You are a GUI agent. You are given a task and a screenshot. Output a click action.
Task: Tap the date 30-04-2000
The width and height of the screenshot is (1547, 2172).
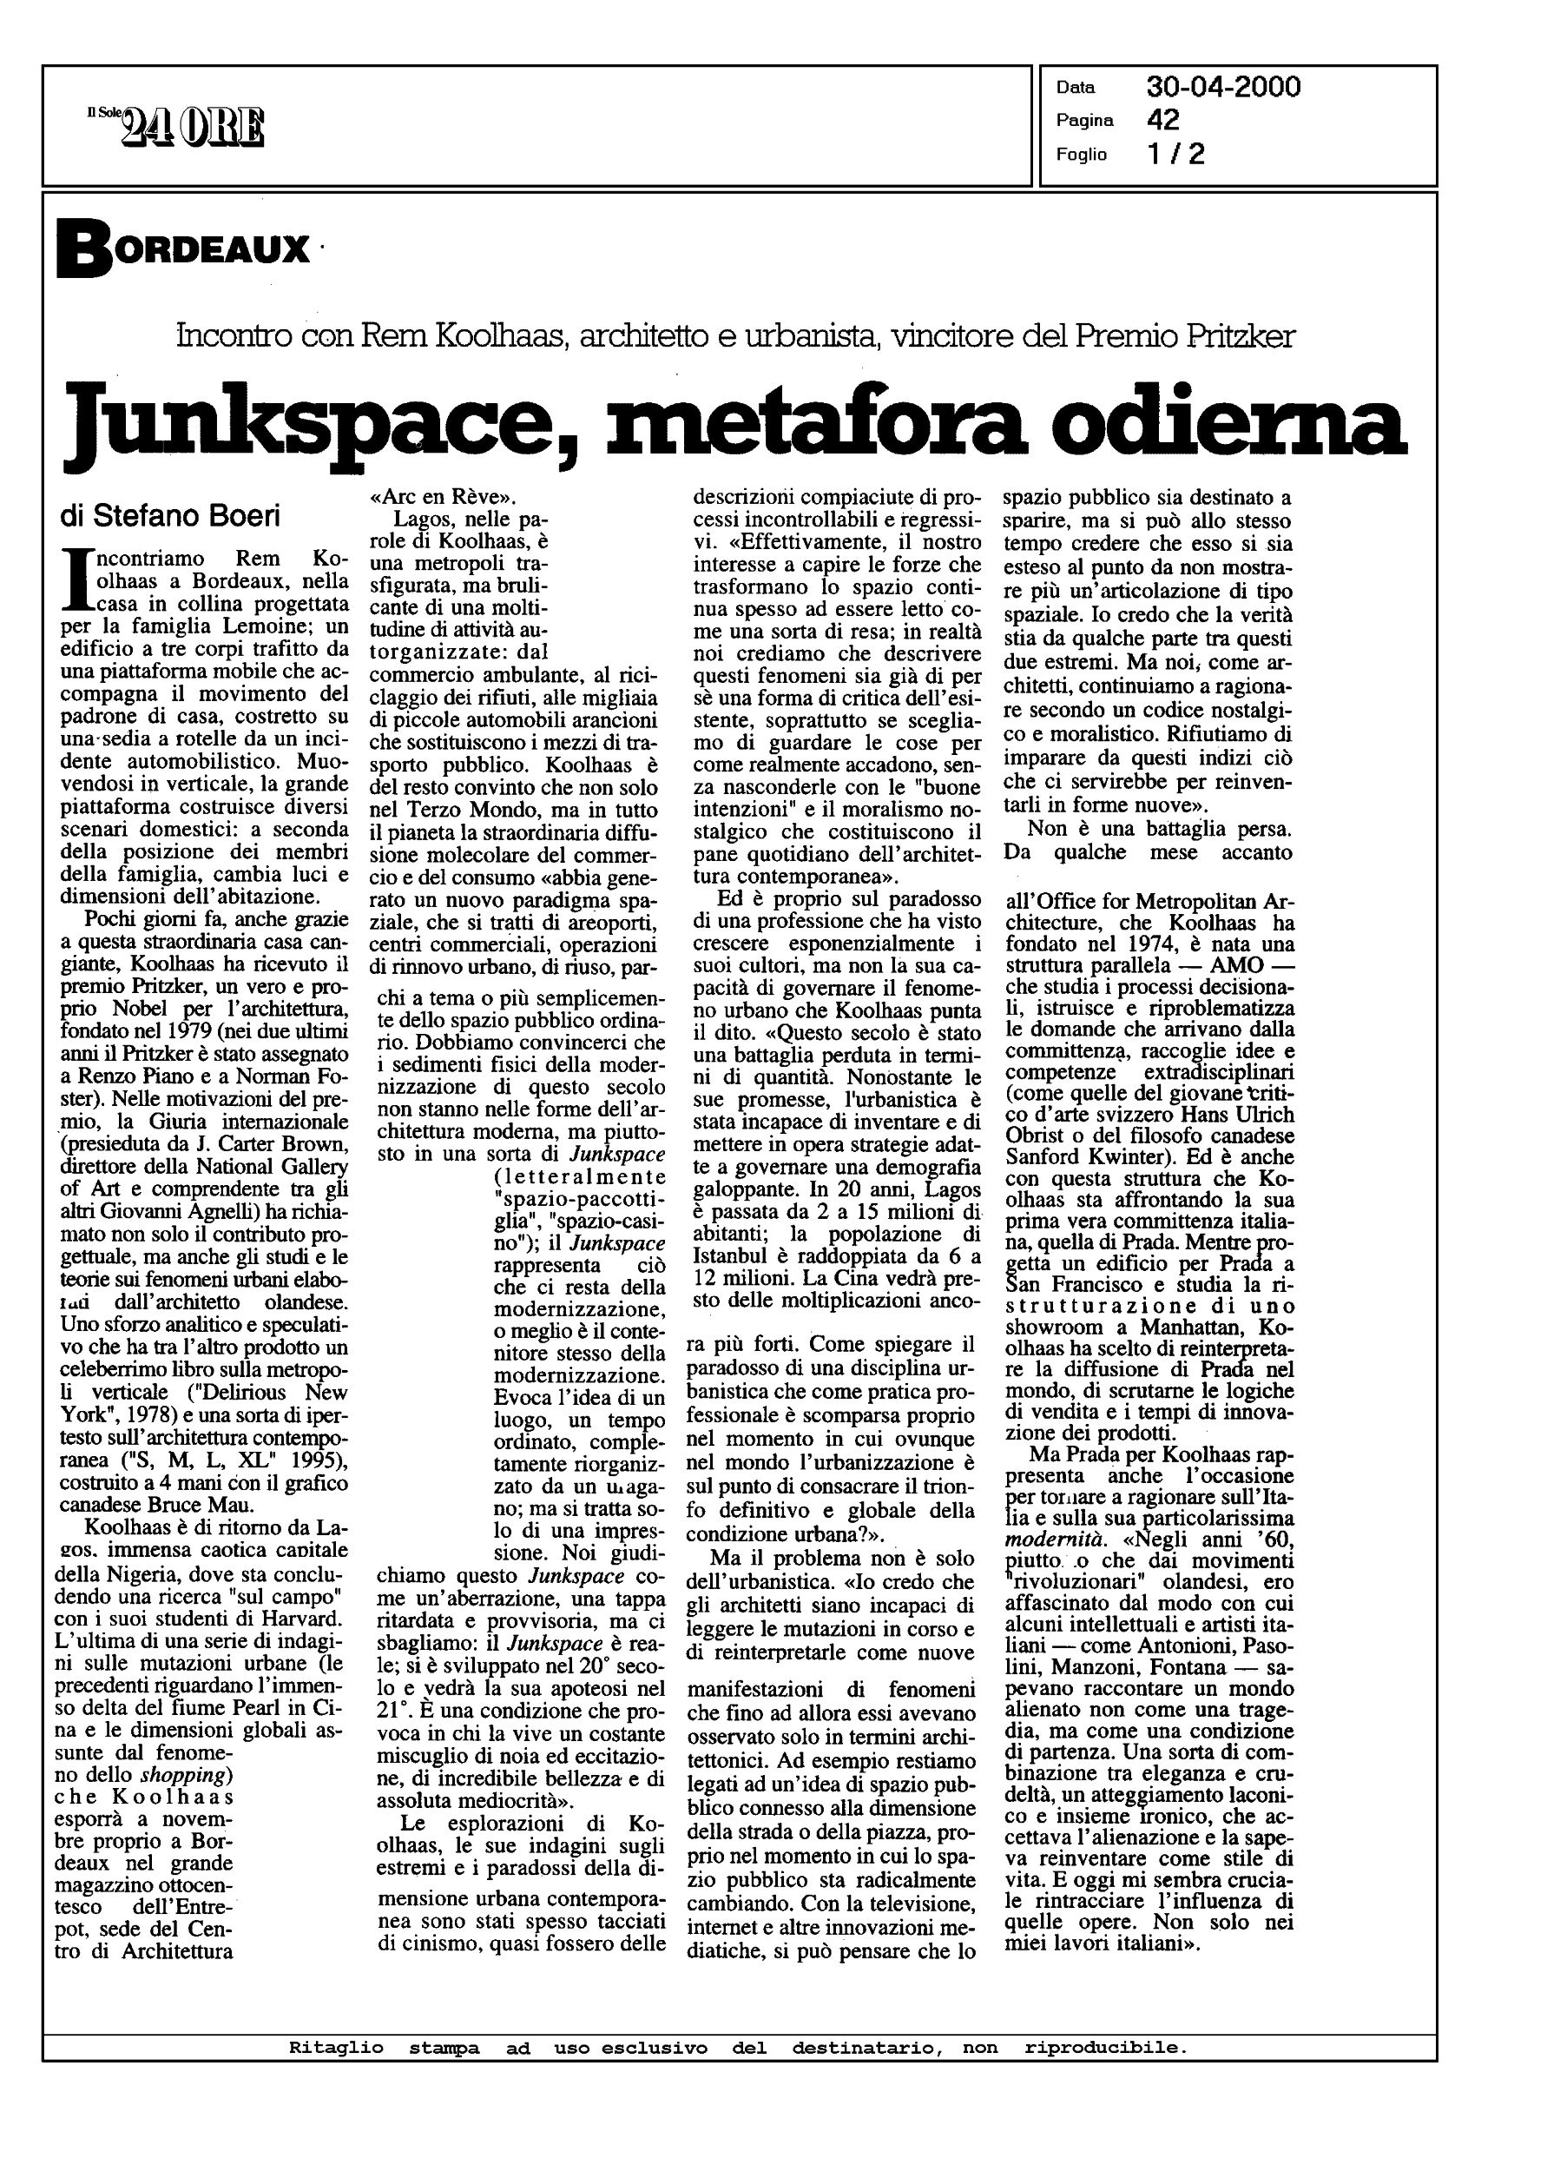point(1223,88)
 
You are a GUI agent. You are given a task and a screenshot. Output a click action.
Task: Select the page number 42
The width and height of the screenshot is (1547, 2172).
point(1163,120)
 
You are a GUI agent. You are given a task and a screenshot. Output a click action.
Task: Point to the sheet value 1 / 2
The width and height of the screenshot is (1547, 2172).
point(1175,154)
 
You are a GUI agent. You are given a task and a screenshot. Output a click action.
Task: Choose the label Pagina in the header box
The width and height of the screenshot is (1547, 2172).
point(1084,121)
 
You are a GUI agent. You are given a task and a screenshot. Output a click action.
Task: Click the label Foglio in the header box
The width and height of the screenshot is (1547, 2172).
point(1081,155)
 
